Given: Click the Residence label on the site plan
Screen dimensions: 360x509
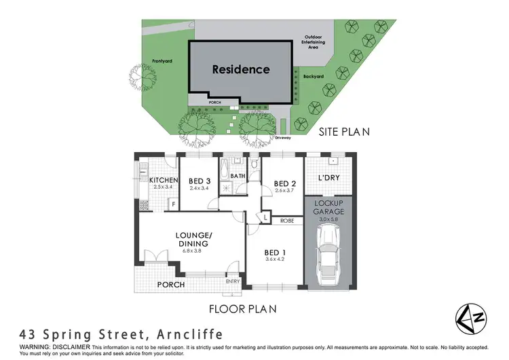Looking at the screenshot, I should (x=240, y=69).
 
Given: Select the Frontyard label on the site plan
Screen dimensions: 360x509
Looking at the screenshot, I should (x=162, y=60).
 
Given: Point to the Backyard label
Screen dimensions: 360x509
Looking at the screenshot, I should (x=314, y=77).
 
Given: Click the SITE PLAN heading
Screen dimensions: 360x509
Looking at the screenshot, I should (x=344, y=132).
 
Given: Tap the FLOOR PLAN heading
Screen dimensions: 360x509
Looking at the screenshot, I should (x=242, y=308).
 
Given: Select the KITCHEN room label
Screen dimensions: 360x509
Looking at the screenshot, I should (x=163, y=180).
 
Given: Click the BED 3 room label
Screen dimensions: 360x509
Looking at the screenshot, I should (x=197, y=181).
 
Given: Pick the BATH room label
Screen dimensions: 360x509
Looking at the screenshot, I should (x=238, y=176).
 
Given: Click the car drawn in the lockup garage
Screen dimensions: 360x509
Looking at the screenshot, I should (x=328, y=255).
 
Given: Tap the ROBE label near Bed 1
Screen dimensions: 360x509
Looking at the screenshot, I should (x=286, y=221).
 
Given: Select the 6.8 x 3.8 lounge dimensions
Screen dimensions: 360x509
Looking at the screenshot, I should (x=193, y=251).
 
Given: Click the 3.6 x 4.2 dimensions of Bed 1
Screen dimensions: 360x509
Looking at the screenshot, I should (x=275, y=259).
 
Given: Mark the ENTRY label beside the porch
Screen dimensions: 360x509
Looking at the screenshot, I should (x=232, y=281).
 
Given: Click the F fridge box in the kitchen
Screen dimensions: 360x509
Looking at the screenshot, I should (x=173, y=203).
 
